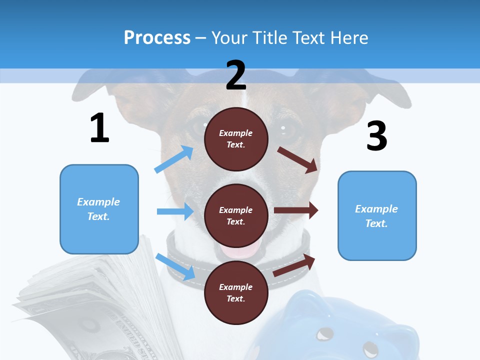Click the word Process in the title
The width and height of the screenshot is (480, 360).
[157, 37]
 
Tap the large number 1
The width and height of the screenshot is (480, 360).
[99, 128]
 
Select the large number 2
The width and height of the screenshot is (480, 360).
[236, 75]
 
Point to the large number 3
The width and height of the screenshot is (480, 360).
[376, 136]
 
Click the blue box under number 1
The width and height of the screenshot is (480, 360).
[99, 209]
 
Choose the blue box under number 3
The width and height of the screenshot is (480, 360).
[377, 215]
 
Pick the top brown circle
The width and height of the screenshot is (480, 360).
[236, 139]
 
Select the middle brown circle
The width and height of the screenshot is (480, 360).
[236, 215]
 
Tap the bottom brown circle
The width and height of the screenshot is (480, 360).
[236, 292]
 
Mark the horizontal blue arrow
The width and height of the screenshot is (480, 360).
[175, 211]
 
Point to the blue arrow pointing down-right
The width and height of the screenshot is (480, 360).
[175, 266]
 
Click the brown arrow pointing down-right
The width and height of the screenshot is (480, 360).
[297, 159]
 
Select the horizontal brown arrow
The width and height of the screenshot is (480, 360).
[296, 210]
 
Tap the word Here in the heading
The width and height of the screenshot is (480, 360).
[349, 37]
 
